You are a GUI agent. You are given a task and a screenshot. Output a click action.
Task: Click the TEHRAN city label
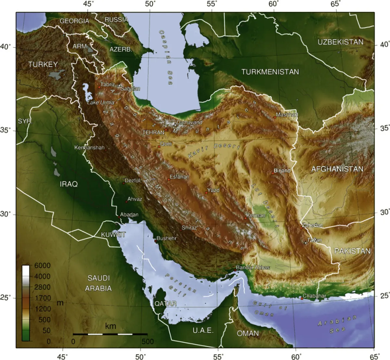[153, 132]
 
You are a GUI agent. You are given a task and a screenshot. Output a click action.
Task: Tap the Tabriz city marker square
[99, 87]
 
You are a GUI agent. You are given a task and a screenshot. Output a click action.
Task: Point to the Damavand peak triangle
[175, 124]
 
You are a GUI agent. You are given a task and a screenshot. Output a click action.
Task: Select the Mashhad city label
[287, 115]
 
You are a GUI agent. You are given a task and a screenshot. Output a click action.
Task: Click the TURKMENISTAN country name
[270, 72]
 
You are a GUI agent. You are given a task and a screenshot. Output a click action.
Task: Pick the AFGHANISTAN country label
[337, 169]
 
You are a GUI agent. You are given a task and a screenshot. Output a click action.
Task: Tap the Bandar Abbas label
[253, 267]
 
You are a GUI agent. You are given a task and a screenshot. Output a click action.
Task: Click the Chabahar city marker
[302, 298]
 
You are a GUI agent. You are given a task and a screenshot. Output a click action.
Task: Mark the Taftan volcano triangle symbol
[305, 242]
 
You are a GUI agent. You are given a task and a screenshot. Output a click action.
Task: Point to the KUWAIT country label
[113, 235]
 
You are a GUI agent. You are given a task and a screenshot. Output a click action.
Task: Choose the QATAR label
[165, 304]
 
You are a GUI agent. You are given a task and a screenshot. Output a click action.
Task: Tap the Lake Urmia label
[101, 102]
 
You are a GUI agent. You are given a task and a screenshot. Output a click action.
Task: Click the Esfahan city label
[179, 177]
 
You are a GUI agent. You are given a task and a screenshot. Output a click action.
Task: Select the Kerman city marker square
[245, 218]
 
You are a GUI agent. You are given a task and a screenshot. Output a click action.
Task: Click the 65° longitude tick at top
[336, 4]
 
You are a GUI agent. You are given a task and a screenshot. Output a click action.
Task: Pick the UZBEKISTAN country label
[340, 42]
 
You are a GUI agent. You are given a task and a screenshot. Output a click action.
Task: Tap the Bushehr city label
[166, 238]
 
